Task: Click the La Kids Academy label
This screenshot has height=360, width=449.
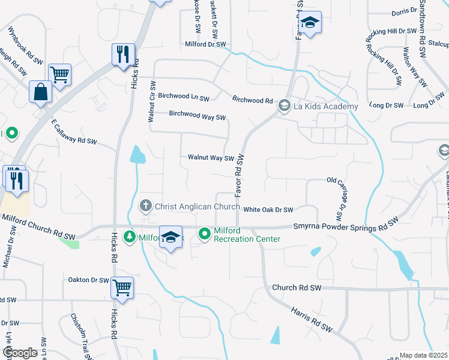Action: [325, 107]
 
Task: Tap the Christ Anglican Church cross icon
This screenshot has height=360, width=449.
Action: [145, 206]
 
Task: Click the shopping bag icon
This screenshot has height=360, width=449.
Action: [41, 92]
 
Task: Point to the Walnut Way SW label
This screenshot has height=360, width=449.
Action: [210, 158]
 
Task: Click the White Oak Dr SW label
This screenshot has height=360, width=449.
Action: [268, 209]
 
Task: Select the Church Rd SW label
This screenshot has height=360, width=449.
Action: [297, 288]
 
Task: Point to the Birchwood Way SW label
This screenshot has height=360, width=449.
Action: [197, 115]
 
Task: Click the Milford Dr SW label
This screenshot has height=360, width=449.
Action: [205, 44]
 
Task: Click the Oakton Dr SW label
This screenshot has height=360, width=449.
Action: [88, 280]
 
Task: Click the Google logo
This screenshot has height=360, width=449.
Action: [20, 352]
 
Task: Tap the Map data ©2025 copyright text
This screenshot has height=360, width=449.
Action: [423, 355]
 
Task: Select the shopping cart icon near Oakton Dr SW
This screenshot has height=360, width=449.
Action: [122, 288]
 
